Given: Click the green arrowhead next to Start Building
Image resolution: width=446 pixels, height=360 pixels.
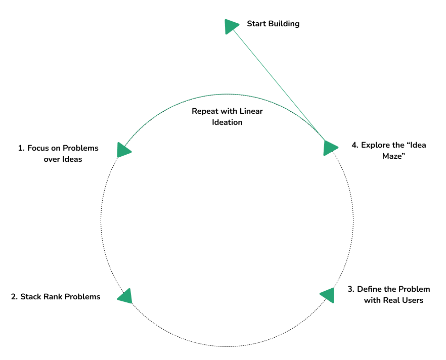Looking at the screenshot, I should [x=231, y=26].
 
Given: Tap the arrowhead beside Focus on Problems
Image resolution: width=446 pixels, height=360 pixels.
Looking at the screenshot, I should [x=123, y=150].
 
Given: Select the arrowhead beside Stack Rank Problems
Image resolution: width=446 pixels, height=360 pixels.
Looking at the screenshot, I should [x=125, y=296].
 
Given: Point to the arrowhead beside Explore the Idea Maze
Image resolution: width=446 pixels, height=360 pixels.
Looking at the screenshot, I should [x=330, y=148].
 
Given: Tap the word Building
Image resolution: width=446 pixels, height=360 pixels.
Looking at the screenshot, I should [x=284, y=24].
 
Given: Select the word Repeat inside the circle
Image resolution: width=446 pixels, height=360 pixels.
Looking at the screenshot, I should [x=205, y=111].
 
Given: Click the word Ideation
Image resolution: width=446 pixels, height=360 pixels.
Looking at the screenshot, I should [x=227, y=122].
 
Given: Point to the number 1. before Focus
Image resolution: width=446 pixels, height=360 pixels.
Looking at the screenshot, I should [x=21, y=148].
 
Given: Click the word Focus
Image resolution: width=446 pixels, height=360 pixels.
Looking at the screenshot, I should [x=38, y=148].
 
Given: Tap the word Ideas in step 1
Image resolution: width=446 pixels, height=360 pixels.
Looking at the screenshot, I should [x=71, y=159].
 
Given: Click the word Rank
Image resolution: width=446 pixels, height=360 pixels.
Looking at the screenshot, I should [x=53, y=297].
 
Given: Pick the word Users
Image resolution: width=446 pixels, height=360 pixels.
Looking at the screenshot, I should [x=412, y=300].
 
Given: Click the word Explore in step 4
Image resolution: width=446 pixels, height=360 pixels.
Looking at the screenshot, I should [x=375, y=145].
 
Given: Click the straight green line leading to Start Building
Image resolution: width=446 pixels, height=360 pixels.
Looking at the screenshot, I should [x=278, y=83].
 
